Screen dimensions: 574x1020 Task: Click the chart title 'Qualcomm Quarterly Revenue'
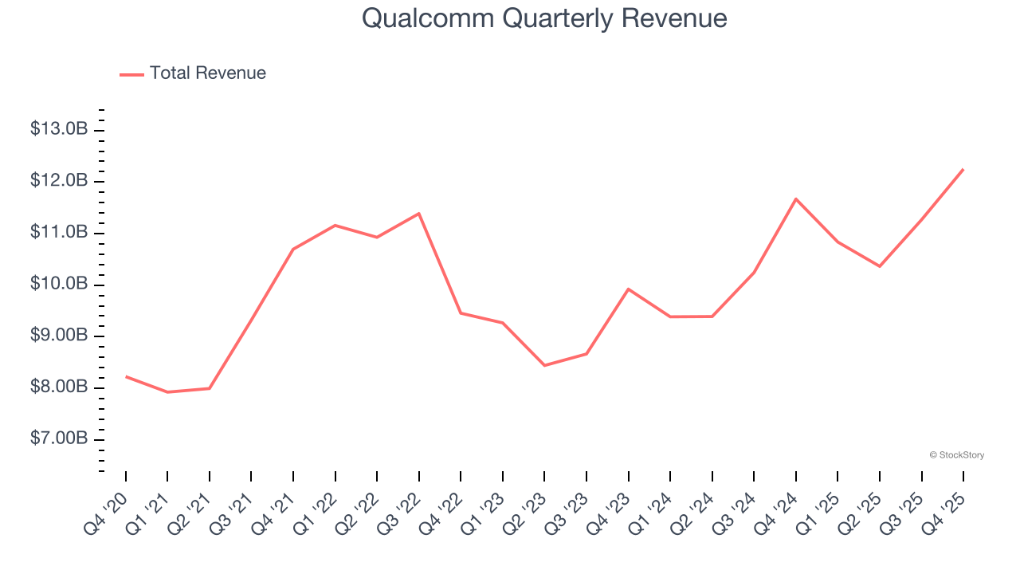[x=544, y=18]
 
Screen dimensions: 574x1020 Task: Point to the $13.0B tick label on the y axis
[x=59, y=129]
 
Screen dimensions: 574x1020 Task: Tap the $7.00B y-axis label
[x=59, y=439]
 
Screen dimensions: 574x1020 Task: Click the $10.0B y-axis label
[x=59, y=285]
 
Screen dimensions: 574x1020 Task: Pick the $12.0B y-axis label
[x=59, y=181]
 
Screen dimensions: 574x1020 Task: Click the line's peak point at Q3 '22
[x=419, y=213]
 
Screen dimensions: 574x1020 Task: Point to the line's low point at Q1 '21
[x=167, y=392]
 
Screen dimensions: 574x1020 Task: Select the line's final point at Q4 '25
[x=963, y=169]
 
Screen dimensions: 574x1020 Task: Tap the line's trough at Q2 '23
[x=544, y=365]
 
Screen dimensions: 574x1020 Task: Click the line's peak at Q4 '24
[x=796, y=199]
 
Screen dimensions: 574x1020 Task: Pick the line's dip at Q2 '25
[x=880, y=266]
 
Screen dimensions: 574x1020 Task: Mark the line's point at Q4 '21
[x=293, y=249]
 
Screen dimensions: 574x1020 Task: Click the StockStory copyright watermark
[x=956, y=455]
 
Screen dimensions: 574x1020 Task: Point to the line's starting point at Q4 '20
[x=126, y=376]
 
